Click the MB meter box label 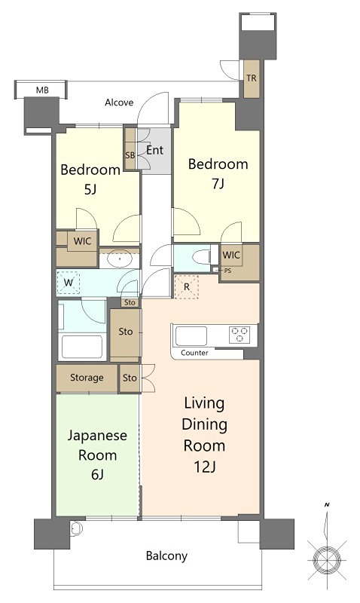[x=42, y=90]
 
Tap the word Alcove [x=119, y=103]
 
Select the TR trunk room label [x=252, y=78]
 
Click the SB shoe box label [x=130, y=156]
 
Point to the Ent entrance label [x=154, y=150]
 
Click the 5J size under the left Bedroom [x=90, y=189]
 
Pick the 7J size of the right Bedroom [x=218, y=184]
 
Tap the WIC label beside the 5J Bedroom [x=82, y=241]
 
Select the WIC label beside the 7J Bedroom [x=231, y=255]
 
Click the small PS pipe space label [x=228, y=271]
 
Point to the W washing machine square [x=69, y=283]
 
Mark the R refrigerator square [x=187, y=287]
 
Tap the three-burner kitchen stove [x=239, y=334]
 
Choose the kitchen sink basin [x=191, y=336]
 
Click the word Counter [x=194, y=353]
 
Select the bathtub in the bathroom [x=83, y=347]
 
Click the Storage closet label [x=87, y=378]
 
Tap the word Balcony [x=166, y=556]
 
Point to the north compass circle [x=327, y=557]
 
